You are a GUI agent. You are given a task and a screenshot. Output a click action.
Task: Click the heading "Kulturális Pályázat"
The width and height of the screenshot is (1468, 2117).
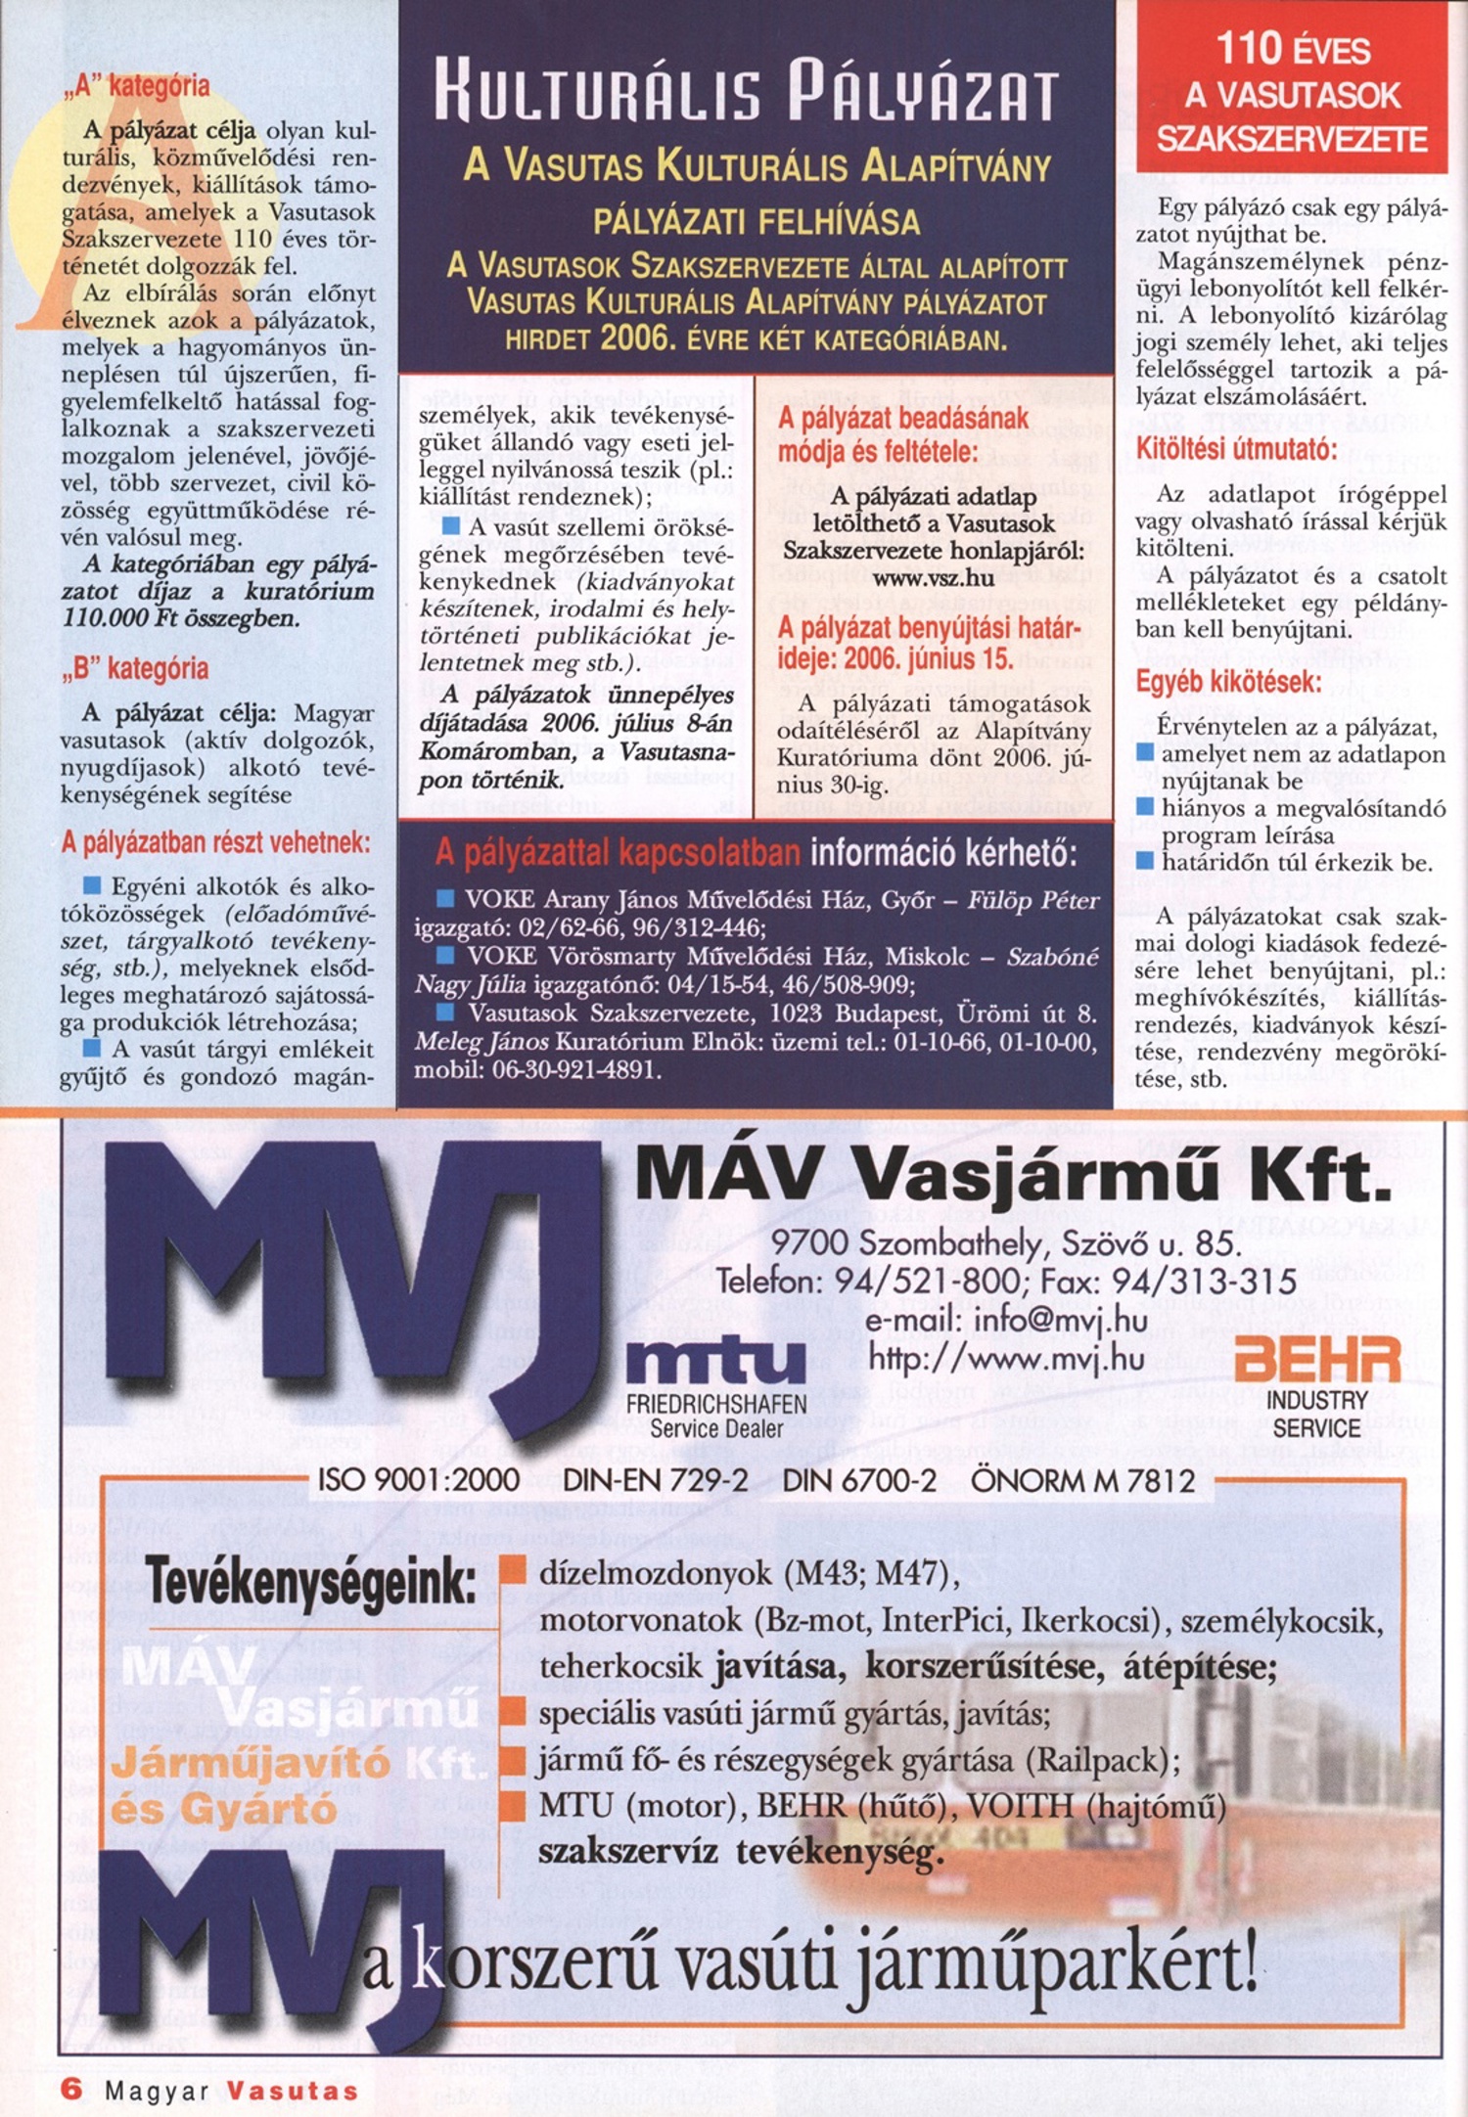747,95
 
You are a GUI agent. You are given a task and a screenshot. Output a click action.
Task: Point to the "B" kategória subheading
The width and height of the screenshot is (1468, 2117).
135,669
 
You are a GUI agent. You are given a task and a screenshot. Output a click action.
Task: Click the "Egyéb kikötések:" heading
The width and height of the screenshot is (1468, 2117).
1228,682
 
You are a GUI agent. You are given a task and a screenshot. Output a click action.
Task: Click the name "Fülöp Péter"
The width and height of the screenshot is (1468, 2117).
1033,900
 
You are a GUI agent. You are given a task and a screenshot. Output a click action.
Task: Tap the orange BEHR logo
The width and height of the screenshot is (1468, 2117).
1317,1361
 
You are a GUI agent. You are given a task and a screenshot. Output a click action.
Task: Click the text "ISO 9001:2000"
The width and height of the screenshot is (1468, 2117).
419,1480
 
